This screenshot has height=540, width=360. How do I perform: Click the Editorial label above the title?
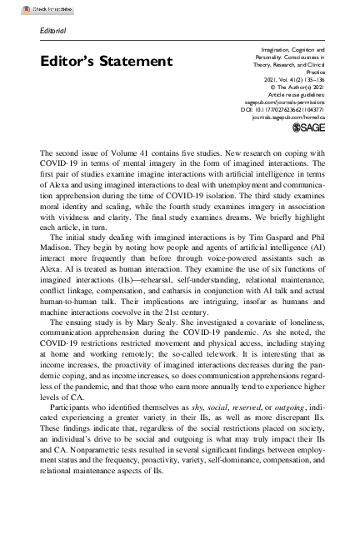tap(52, 31)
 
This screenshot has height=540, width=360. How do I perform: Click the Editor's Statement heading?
tap(106, 61)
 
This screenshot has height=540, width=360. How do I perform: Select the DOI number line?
tap(284, 107)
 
